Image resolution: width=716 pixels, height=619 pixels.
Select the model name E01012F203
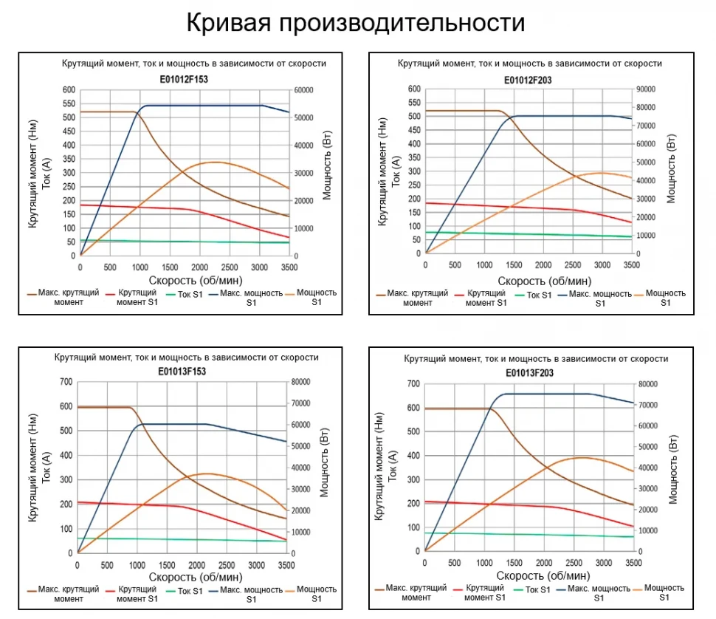[x=529, y=79]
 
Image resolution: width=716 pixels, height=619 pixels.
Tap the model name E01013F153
[x=182, y=372]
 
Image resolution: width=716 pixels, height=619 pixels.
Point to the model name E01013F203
[x=529, y=373]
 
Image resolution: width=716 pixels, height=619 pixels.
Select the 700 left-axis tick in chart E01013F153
[x=64, y=382]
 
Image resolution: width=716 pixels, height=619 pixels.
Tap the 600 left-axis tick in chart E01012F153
[x=69, y=90]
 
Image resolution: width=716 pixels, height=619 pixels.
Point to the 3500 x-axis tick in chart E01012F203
[x=631, y=265]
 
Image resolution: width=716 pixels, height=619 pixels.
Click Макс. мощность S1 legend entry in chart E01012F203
[x=600, y=298]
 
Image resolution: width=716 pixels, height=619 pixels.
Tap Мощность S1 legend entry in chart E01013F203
[x=664, y=592]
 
